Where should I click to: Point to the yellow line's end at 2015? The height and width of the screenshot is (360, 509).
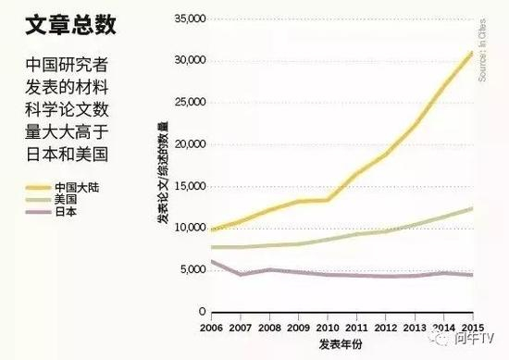472,53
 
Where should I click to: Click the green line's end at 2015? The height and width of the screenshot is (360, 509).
472,208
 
